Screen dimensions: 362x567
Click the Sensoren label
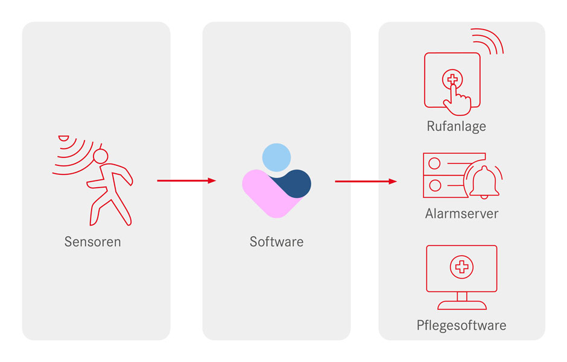pyautogui.click(x=93, y=242)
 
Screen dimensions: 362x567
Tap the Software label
pyautogui.click(x=276, y=242)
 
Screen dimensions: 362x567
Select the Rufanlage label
pyautogui.click(x=456, y=126)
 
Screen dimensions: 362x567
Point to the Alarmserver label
pyautogui.click(x=461, y=214)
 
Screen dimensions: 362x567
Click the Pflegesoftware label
pyautogui.click(x=461, y=326)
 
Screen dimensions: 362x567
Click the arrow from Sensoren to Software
pyautogui.click(x=186, y=180)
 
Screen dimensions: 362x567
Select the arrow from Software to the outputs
pyautogui.click(x=366, y=181)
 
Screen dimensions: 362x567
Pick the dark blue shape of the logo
pyautogui.click(x=296, y=183)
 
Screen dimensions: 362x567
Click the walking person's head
pyautogui.click(x=100, y=157)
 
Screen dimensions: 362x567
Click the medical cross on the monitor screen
pyautogui.click(x=461, y=266)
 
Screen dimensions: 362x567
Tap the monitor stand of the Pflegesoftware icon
pyautogui.click(x=461, y=300)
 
